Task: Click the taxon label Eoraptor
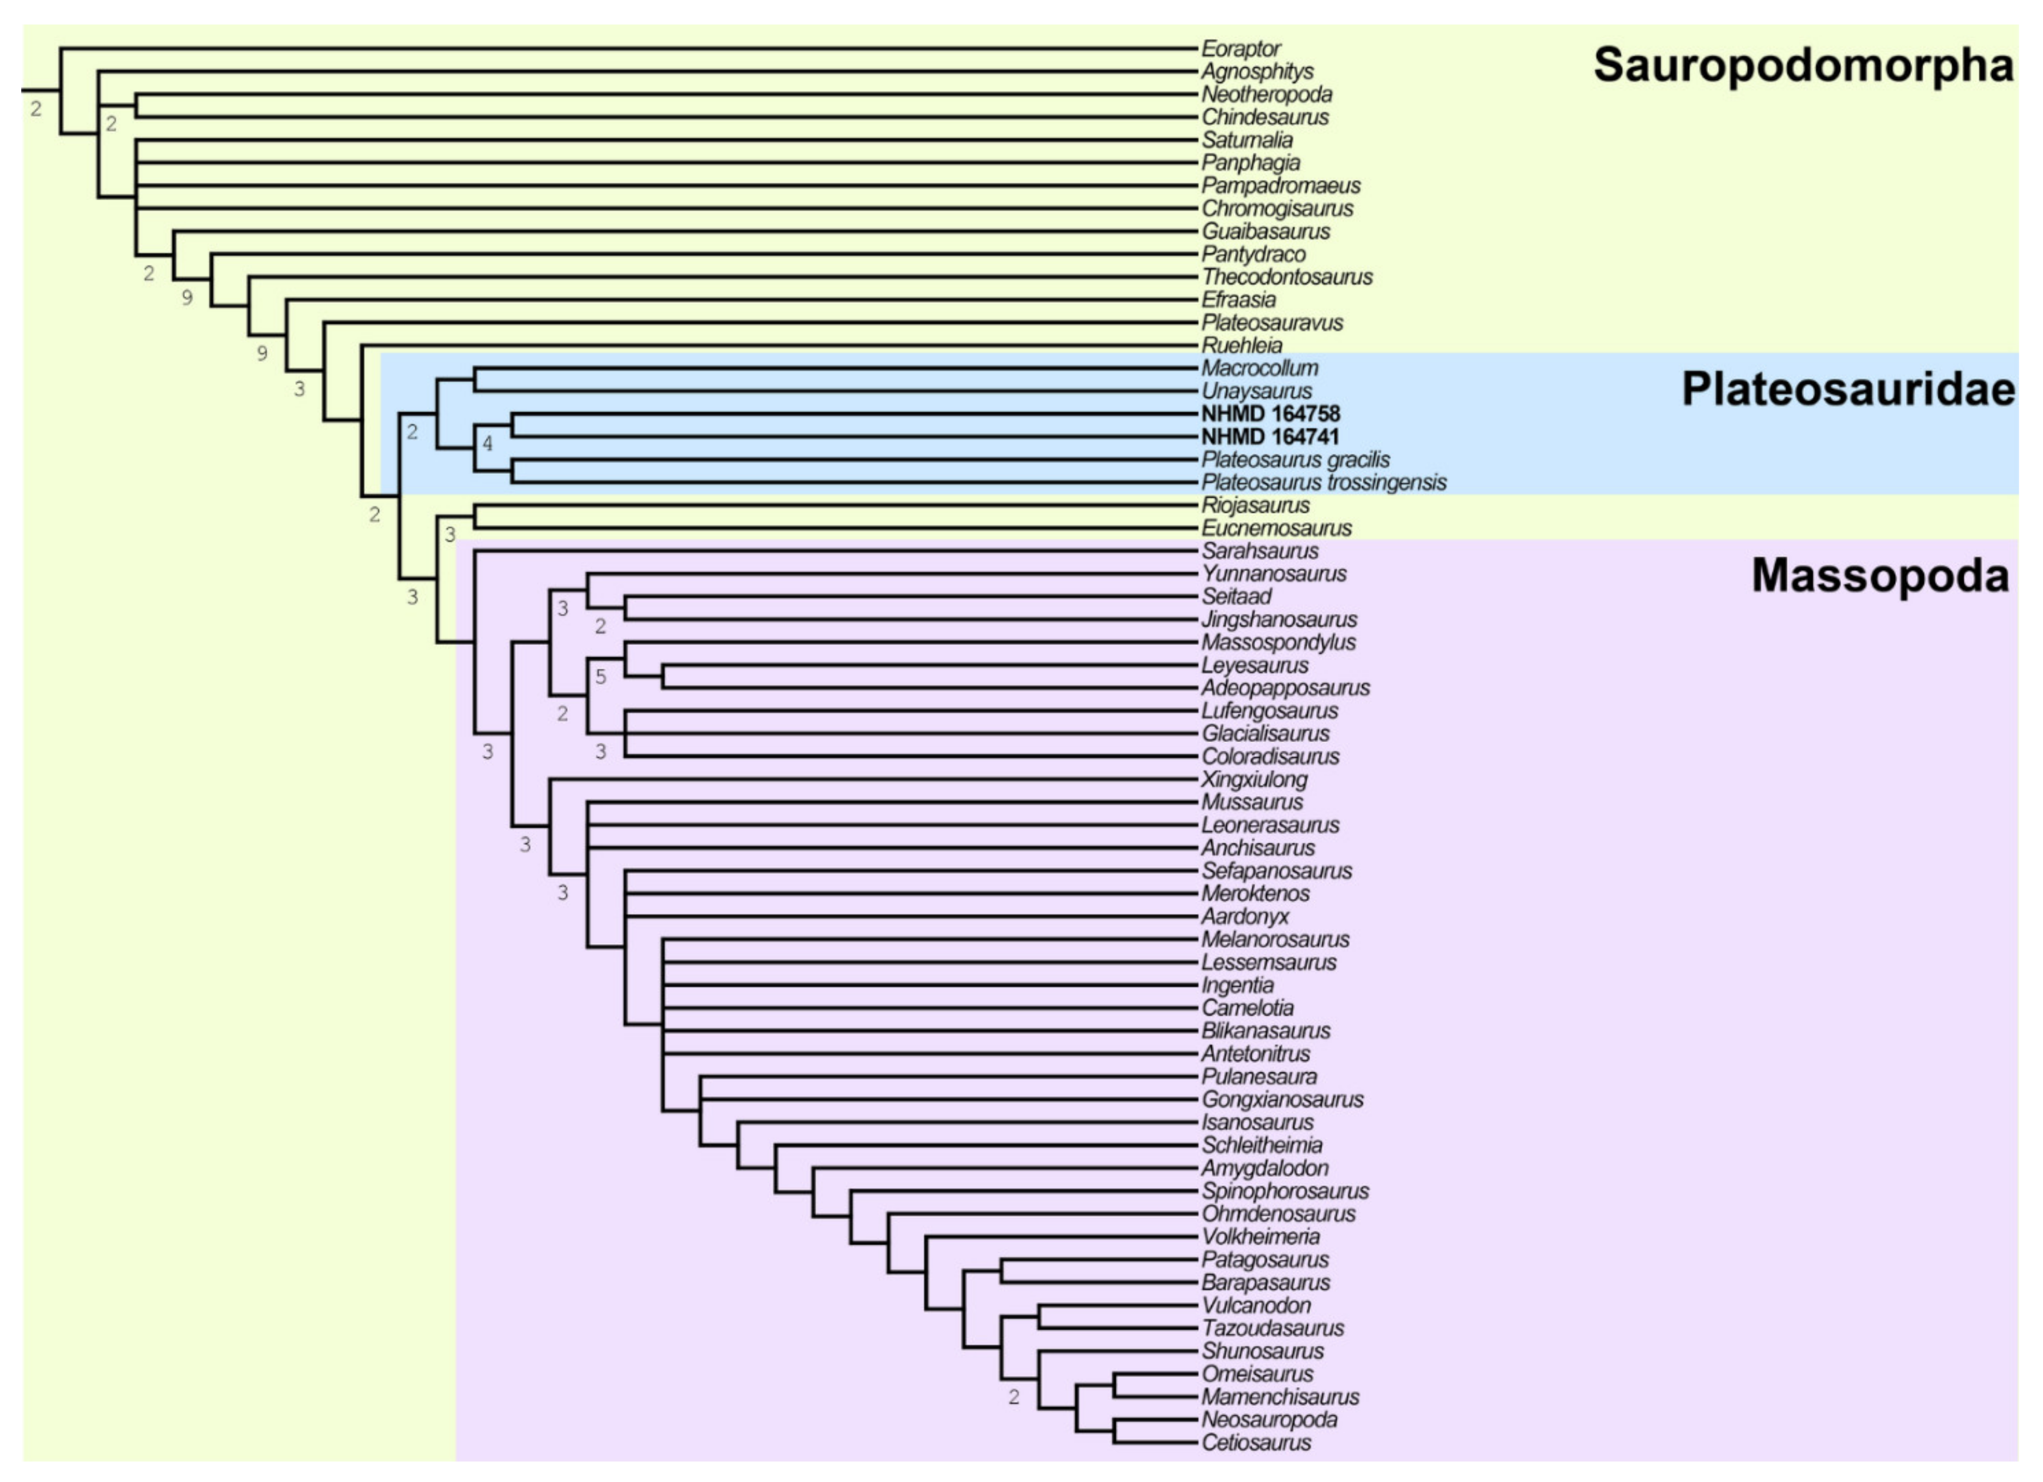[x=1241, y=49]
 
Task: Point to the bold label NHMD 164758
[x=1270, y=414]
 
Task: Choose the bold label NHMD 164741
[x=1270, y=437]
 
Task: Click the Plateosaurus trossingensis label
[x=1323, y=483]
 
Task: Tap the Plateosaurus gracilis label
[x=1295, y=459]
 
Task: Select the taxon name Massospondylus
[x=1277, y=642]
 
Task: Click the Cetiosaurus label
[x=1256, y=1443]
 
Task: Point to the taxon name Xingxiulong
[x=1254, y=779]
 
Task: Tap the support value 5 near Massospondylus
[x=601, y=677]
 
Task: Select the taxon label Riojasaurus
[x=1255, y=505]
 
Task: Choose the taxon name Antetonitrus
[x=1256, y=1054]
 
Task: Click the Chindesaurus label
[x=1265, y=117]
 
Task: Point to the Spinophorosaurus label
[x=1285, y=1191]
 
